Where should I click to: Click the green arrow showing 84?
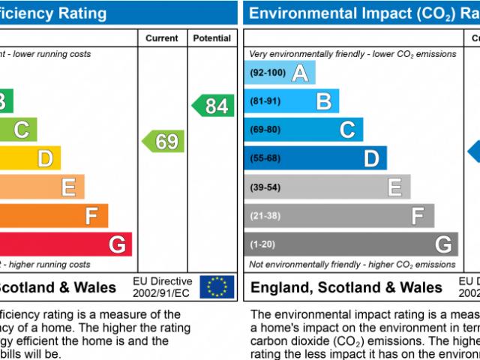coord(214,106)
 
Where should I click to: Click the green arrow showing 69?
coord(164,141)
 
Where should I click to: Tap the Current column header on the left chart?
coord(161,38)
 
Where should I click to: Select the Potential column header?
coord(213,38)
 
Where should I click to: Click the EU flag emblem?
coord(217,286)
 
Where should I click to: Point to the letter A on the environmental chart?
coord(300,73)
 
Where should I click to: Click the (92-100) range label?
coord(268,73)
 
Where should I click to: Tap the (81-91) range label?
coord(265,101)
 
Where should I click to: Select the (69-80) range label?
coord(265,130)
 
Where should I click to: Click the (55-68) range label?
coord(265,158)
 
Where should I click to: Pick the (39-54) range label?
coord(265,187)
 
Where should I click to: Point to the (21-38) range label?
coord(265,215)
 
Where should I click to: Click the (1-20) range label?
coord(263,244)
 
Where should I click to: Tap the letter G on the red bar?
coord(117,244)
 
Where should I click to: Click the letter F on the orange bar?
coord(91,216)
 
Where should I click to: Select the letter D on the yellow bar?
coord(45,158)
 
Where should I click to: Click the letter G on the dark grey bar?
coord(443,244)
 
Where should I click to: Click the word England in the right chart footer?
coord(282,287)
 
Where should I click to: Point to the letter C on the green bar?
coord(21,130)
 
